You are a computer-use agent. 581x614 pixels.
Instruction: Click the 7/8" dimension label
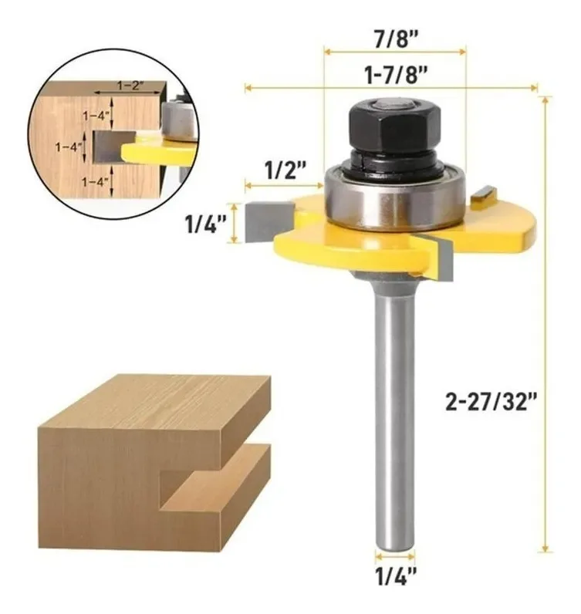396,39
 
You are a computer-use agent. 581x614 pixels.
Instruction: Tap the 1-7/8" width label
396,75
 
